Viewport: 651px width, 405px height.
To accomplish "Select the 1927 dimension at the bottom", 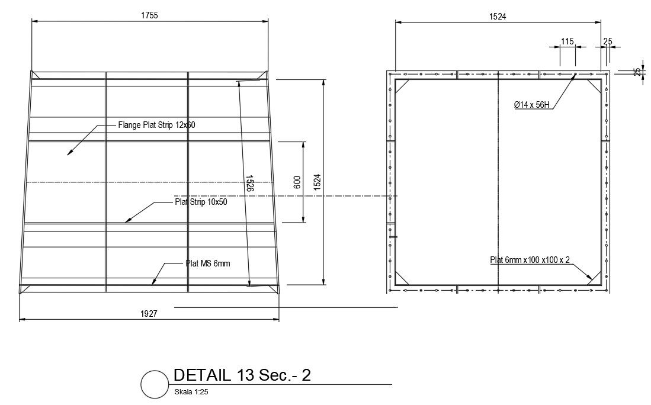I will (x=149, y=314).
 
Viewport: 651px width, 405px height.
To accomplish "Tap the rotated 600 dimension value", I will (x=297, y=182).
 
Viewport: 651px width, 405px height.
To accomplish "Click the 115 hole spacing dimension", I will (x=567, y=41).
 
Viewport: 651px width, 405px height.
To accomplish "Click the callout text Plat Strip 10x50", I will (x=201, y=202).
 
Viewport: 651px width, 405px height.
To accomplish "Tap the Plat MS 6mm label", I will (x=207, y=263).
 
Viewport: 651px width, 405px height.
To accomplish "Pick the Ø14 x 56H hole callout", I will (x=531, y=105).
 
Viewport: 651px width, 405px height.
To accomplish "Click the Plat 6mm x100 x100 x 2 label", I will (x=530, y=260).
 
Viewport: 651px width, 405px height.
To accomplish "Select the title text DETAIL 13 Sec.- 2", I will (x=242, y=375).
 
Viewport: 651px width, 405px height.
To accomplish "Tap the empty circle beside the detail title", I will (x=154, y=384).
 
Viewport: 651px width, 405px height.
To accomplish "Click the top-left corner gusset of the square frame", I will (x=402, y=86).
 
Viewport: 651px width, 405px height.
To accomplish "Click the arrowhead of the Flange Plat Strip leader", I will (x=69, y=154).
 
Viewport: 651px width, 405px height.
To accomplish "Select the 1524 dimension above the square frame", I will (x=498, y=17).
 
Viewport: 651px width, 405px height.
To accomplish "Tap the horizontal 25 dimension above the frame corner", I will (x=608, y=41).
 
